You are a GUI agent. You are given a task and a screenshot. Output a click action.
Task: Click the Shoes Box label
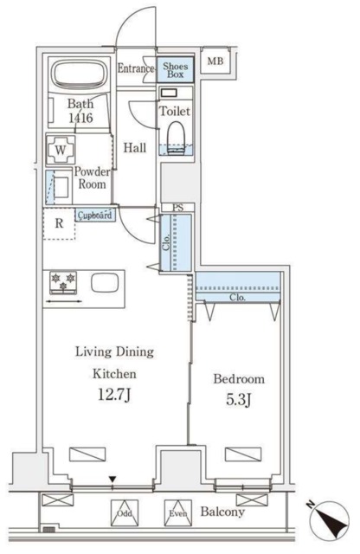point(175,70)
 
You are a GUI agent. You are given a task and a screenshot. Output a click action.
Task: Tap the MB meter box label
point(215,61)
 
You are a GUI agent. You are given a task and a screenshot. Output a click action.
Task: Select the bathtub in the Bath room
point(80,73)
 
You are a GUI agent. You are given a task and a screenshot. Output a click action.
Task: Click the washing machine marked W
point(61,150)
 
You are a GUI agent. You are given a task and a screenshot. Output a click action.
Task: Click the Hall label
point(135,148)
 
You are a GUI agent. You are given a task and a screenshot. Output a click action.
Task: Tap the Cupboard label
point(95,215)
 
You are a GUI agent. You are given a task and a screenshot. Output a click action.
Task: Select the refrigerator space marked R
point(59,223)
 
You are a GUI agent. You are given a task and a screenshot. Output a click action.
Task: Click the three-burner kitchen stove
point(63,282)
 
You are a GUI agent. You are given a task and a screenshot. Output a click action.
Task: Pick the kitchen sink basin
point(105,283)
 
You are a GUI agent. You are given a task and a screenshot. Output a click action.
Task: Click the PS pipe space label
point(178,208)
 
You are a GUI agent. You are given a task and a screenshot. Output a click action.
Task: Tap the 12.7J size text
point(114,396)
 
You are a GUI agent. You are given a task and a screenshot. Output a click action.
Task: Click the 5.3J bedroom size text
point(239,399)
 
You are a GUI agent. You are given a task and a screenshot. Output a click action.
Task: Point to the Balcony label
point(222,512)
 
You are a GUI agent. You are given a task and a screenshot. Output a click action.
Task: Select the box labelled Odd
point(125,513)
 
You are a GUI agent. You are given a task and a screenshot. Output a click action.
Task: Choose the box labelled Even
point(178,513)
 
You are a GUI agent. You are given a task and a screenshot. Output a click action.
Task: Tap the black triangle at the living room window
point(112,480)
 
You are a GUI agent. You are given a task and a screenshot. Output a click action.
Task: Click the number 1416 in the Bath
point(80,118)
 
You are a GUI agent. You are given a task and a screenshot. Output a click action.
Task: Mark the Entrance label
point(136,68)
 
